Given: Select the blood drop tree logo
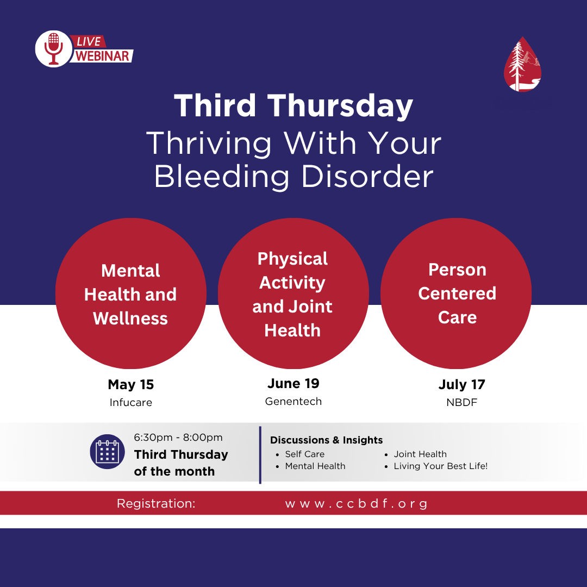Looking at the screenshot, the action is coord(522,64).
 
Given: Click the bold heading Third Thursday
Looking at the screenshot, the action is coord(293,106).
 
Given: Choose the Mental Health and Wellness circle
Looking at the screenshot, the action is coord(130,293).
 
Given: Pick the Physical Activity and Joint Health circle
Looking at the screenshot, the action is coord(293,293).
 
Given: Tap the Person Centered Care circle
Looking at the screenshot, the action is coord(456,293).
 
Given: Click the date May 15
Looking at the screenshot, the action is coord(131,384).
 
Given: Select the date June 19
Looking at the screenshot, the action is coord(293,383).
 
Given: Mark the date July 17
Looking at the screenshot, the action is coord(461,384).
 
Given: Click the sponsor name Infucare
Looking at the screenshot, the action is coord(131,402).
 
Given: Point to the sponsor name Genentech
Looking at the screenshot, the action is coord(293,401).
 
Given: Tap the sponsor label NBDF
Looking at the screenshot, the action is coord(461,402).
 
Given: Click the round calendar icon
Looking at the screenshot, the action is coord(108,452).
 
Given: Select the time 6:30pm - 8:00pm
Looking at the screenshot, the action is coord(178,437).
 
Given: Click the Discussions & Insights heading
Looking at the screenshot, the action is coord(327,440).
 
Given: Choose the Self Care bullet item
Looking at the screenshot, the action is coord(305,454).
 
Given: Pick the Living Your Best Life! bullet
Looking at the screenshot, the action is coord(441,466).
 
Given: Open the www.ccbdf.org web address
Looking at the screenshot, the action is coord(356,503).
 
